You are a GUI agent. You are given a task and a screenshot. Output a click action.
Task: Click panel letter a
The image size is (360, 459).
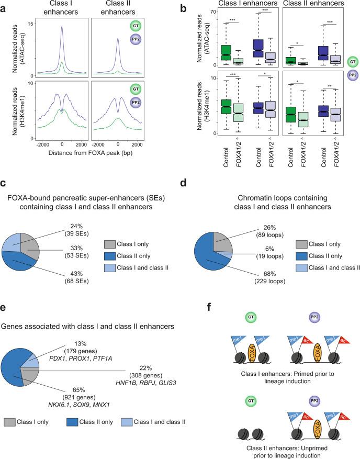point(5,6)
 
